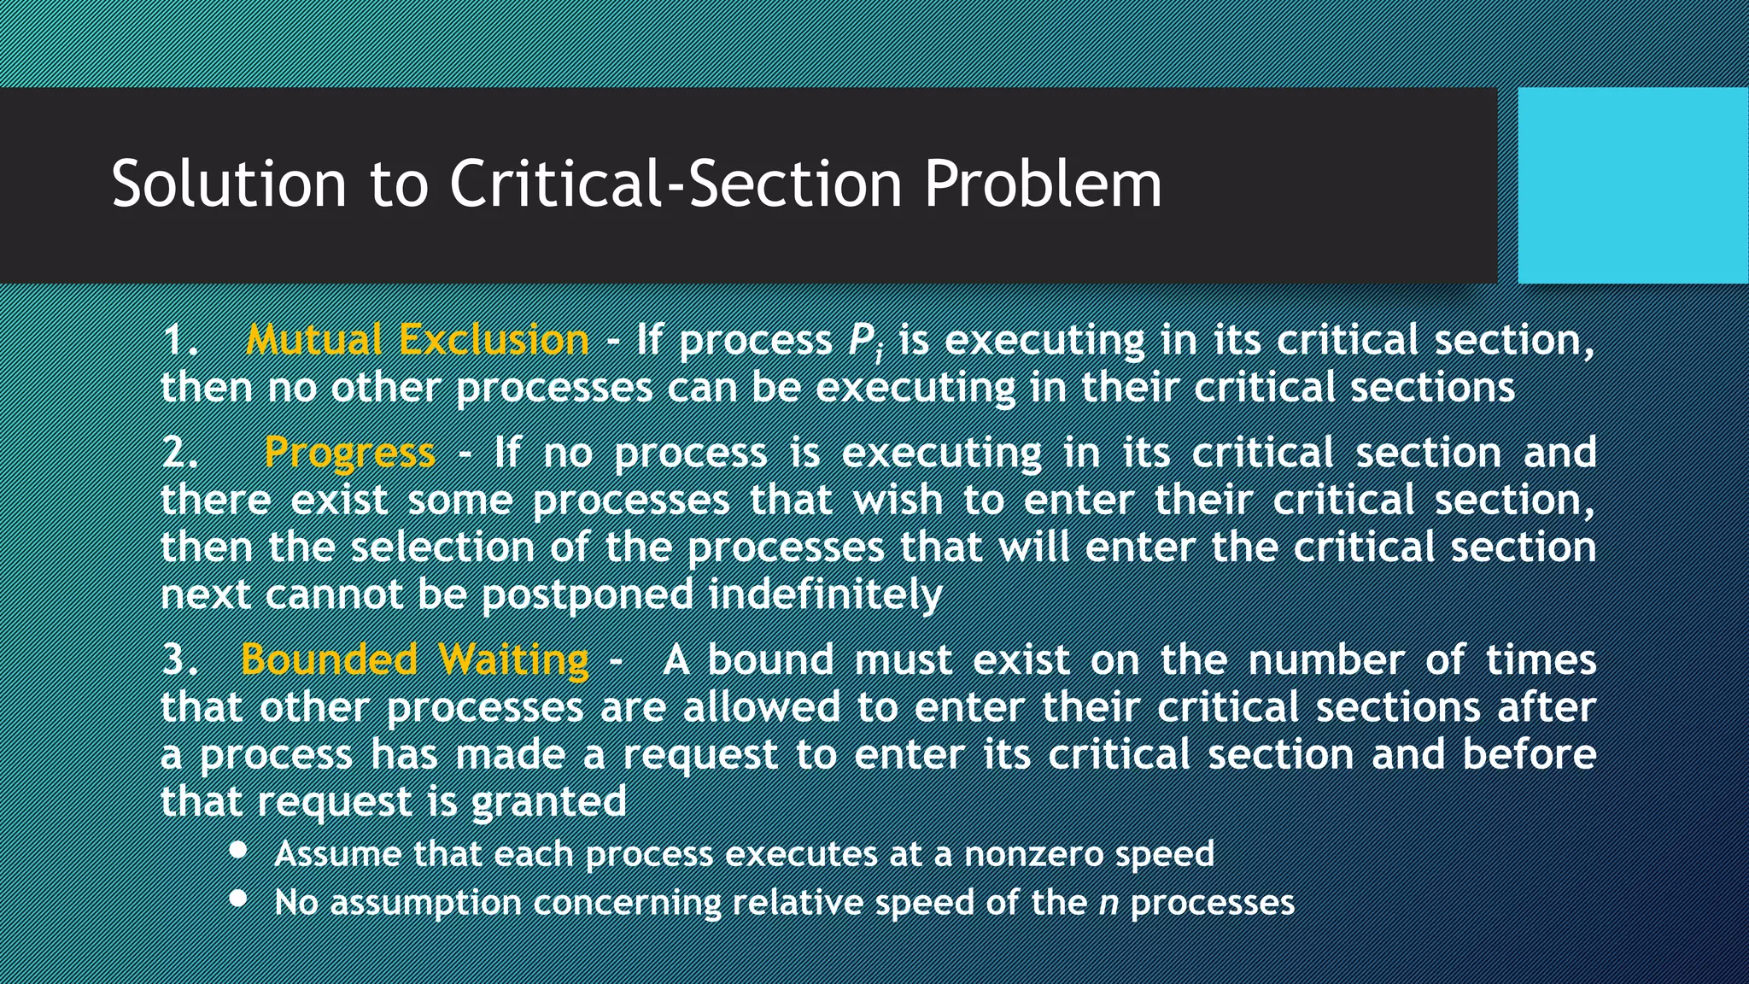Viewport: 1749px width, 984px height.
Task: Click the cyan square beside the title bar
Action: click(1633, 185)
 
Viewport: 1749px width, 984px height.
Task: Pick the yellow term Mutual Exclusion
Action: click(418, 340)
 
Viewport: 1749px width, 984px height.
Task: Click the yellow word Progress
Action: click(349, 453)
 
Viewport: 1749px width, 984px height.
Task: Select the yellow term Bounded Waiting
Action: click(415, 659)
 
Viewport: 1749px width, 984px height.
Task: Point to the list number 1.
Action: click(178, 340)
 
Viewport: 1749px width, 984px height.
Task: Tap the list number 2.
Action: click(178, 453)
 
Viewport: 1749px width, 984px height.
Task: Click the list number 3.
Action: click(178, 659)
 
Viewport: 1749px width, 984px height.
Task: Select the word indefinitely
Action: click(826, 594)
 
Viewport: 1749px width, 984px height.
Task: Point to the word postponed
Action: click(588, 595)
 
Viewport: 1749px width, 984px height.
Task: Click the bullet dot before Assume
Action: click(239, 851)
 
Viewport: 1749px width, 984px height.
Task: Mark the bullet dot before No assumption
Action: click(239, 899)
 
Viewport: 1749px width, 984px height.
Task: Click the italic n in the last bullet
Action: click(1108, 903)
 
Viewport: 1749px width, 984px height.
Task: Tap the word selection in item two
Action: click(442, 547)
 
